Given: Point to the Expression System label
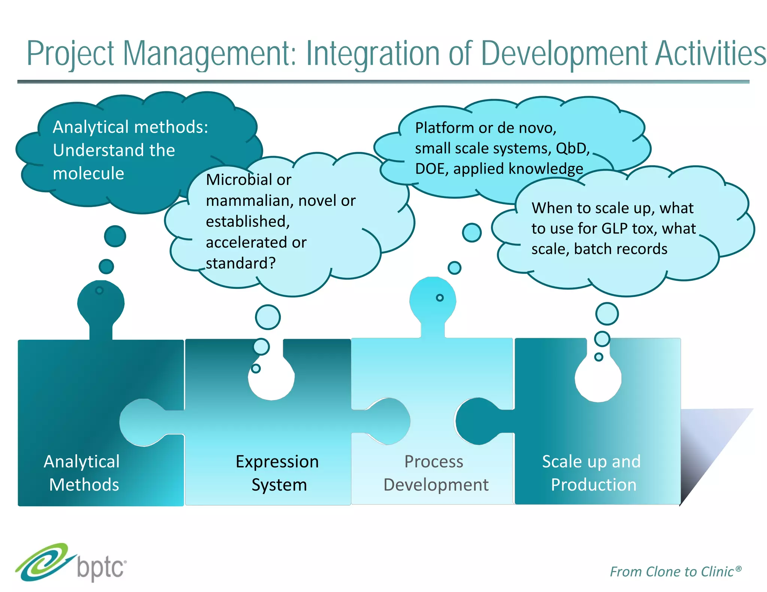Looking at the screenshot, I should tap(278, 473).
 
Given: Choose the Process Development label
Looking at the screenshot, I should tap(435, 473).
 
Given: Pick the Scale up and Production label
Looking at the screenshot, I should tap(592, 473).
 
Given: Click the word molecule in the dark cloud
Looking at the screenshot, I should tap(88, 174).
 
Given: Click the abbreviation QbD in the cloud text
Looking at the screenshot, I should tap(572, 149).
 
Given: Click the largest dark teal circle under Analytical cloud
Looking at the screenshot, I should tap(115, 236).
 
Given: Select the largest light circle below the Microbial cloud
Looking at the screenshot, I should tap(268, 317).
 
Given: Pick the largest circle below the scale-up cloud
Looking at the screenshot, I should tap(607, 314).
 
